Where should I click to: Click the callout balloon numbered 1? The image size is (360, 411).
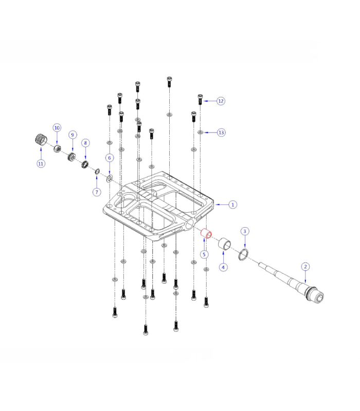[233, 204]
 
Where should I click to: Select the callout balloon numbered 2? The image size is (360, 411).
[305, 267]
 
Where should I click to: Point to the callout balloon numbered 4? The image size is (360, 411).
[223, 267]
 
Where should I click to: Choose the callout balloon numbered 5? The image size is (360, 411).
[204, 254]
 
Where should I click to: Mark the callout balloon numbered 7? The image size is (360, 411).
[96, 192]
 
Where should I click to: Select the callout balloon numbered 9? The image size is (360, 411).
[73, 135]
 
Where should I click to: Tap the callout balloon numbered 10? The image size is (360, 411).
[57, 127]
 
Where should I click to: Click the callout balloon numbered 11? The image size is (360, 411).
[41, 164]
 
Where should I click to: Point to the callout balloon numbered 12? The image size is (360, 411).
[221, 101]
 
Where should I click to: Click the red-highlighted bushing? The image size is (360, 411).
[206, 234]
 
